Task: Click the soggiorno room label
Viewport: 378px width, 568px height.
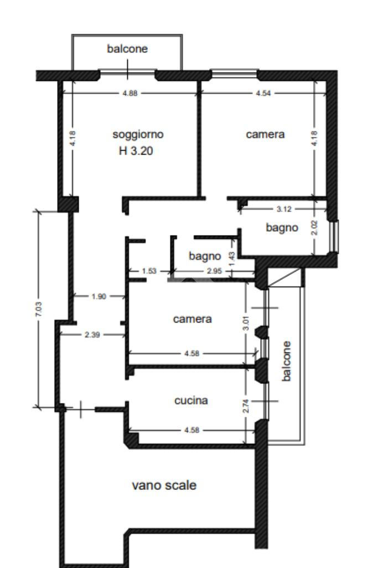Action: tap(138, 135)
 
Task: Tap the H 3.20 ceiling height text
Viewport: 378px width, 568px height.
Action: tap(136, 150)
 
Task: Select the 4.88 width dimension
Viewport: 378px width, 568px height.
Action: tap(130, 93)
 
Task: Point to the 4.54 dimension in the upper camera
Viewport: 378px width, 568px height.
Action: tap(263, 93)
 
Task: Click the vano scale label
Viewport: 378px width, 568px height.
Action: tap(164, 485)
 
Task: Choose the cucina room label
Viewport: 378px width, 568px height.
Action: tap(191, 400)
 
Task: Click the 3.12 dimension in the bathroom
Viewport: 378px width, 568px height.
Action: tap(284, 209)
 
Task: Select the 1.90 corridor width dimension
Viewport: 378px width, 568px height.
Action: tap(99, 296)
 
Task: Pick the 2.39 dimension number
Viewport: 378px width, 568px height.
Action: tap(92, 335)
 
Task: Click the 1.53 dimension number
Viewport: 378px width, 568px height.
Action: tap(149, 271)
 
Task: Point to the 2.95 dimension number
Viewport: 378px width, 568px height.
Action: tap(214, 271)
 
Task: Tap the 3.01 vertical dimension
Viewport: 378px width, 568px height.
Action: tap(246, 323)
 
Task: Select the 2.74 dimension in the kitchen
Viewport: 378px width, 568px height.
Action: tap(246, 406)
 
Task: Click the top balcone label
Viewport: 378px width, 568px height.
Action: tap(127, 49)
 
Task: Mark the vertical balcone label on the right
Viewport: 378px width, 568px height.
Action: tap(286, 361)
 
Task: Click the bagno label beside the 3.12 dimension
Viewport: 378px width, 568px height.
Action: tap(282, 228)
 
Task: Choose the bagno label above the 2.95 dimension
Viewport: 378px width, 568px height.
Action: tap(205, 256)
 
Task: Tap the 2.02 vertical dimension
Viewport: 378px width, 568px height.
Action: tap(314, 228)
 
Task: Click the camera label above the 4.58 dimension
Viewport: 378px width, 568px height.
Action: tap(193, 319)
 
